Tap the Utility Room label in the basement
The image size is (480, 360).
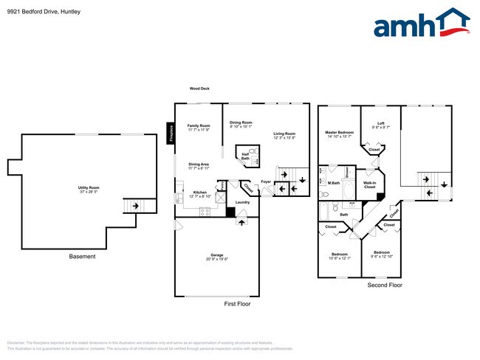pyautogui.click(x=89, y=188)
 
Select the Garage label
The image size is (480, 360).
pyautogui.click(x=216, y=255)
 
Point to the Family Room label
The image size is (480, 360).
pyautogui.click(x=198, y=125)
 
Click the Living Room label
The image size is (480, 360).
pyautogui.click(x=284, y=134)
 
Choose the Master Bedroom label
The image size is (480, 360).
pyautogui.click(x=340, y=132)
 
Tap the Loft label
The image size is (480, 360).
pyautogui.click(x=380, y=123)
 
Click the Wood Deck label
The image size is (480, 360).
pyautogui.click(x=199, y=89)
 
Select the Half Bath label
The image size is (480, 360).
pyautogui.click(x=245, y=156)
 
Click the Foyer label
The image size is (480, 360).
pyautogui.click(x=267, y=181)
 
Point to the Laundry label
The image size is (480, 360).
pyautogui.click(x=242, y=201)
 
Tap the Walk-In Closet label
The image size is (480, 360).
pyautogui.click(x=369, y=184)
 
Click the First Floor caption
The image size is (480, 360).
pyautogui.click(x=238, y=303)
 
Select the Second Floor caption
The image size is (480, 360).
pyautogui.click(x=385, y=283)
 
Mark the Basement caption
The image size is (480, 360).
pyautogui.click(x=82, y=257)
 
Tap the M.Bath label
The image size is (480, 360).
pyautogui.click(x=334, y=182)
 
